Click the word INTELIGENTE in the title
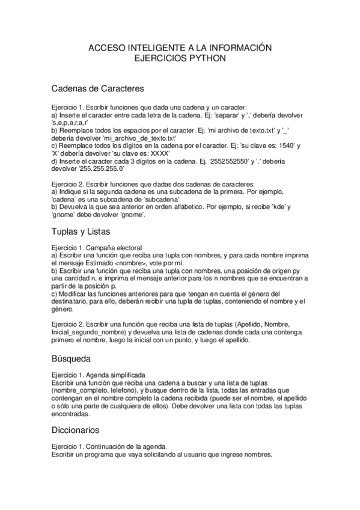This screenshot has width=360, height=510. [x=152, y=48]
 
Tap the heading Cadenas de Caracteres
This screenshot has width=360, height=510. [x=97, y=89]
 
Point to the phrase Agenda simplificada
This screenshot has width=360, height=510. [x=121, y=374]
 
